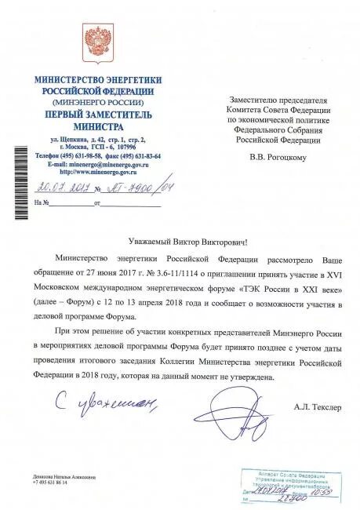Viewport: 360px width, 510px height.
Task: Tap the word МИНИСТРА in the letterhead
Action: [98, 126]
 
